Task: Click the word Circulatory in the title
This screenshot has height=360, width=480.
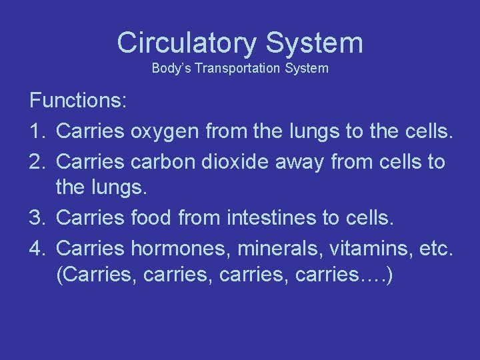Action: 187,43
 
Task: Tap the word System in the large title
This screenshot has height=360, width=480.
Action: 314,43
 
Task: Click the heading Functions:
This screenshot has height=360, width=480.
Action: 78,101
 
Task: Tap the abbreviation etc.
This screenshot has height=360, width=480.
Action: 437,247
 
